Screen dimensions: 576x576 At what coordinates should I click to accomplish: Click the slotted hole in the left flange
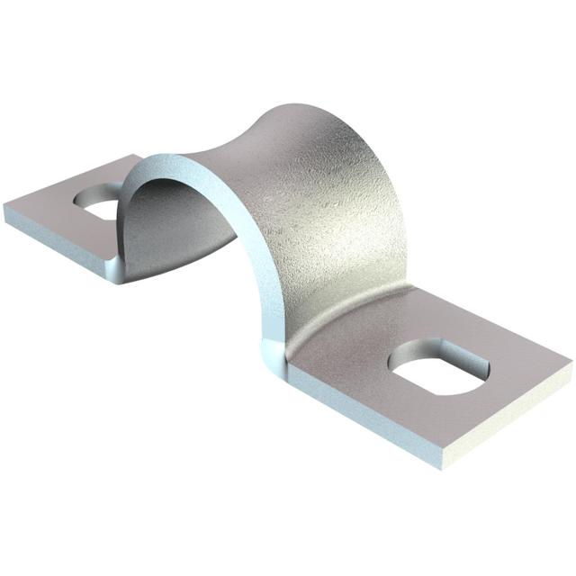[99, 203]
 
